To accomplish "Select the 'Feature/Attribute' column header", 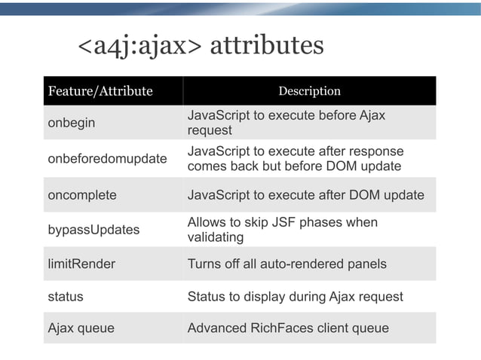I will click(x=100, y=92).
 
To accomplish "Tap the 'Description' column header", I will click(x=309, y=92).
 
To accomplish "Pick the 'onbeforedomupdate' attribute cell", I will click(x=107, y=158).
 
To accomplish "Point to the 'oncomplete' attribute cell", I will click(x=82, y=195).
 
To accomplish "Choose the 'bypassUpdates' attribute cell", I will click(x=93, y=230).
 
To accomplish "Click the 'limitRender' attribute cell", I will click(x=81, y=264).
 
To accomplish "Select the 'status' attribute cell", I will click(x=66, y=296).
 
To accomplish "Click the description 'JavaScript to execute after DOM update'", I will click(x=305, y=195).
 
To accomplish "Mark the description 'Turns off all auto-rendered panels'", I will click(x=286, y=264).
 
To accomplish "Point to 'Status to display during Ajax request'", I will click(x=295, y=296).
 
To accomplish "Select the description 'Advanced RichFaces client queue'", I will click(x=288, y=328).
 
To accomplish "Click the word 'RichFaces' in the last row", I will click(x=283, y=328).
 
